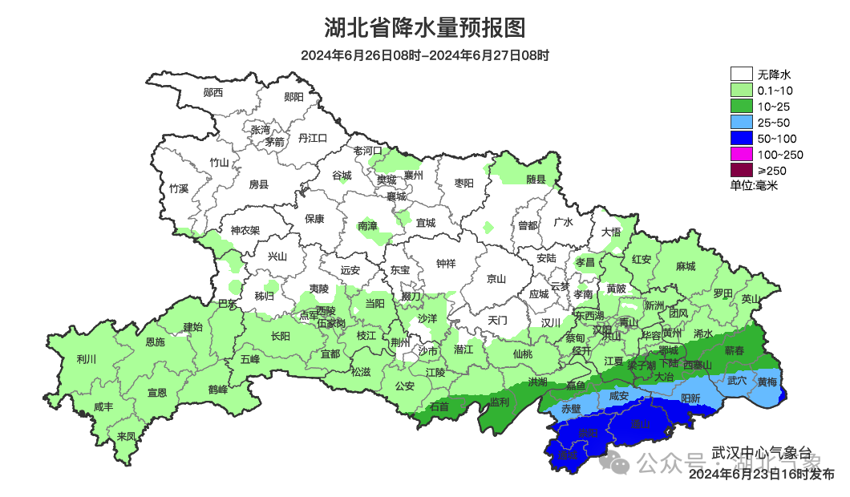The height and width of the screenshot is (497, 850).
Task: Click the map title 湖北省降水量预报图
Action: pos(424,28)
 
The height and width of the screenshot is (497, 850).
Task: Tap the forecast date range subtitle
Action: pos(424,55)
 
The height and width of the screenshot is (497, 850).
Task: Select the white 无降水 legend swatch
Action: pos(741,75)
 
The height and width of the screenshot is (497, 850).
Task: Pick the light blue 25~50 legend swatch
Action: pos(741,123)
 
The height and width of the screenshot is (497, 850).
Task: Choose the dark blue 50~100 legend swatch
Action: pos(741,139)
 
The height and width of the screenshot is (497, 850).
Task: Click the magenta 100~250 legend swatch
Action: pos(741,155)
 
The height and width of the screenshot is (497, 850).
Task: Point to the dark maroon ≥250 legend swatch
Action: pos(741,170)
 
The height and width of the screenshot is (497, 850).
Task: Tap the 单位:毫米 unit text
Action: pos(754,185)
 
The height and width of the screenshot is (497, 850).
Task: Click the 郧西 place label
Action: pos(213,93)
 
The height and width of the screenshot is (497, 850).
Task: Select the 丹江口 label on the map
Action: pos(313,138)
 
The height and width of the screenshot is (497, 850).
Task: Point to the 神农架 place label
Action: pos(245,231)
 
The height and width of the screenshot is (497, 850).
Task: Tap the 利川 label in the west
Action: pos(86,359)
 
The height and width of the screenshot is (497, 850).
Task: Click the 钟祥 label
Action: pos(446,263)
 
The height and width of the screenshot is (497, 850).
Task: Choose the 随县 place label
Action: pos(536,180)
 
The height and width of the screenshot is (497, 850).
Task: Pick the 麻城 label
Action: pos(686,266)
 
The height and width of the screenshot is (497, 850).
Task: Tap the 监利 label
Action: pos(499,401)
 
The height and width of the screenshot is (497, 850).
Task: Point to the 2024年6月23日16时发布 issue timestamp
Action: pos(761,474)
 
